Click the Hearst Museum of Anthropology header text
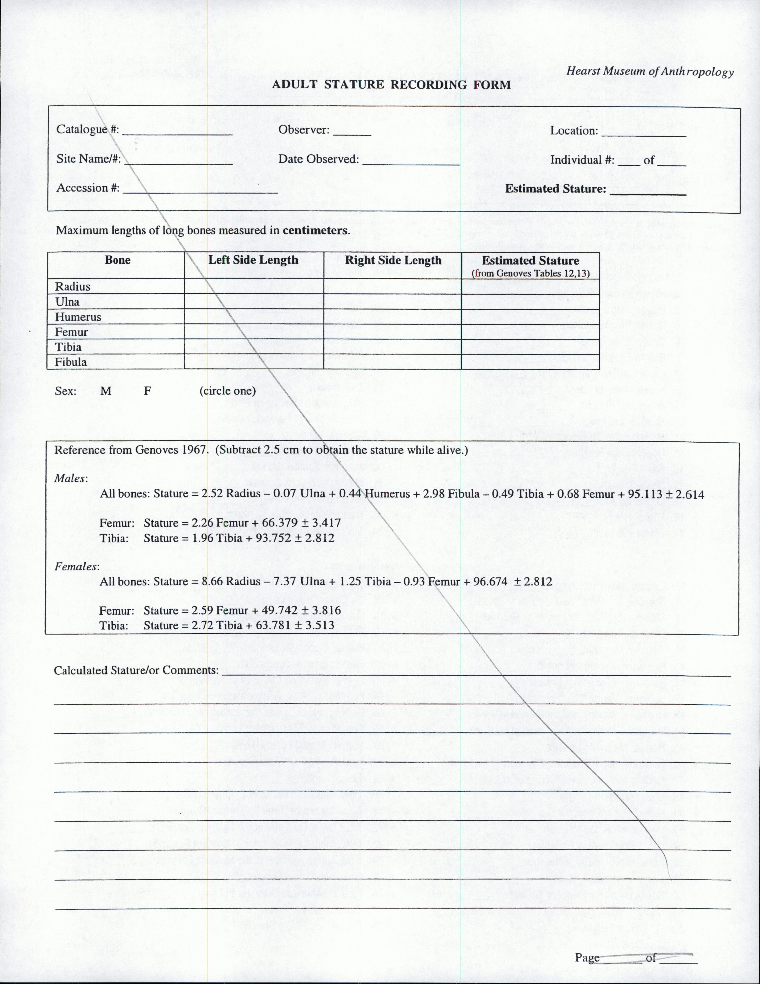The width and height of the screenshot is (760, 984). pyautogui.click(x=650, y=71)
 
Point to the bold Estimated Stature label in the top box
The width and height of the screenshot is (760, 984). pyautogui.click(x=555, y=189)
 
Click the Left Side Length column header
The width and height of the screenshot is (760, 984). pyautogui.click(x=253, y=260)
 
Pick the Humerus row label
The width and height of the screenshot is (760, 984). pyautogui.click(x=78, y=317)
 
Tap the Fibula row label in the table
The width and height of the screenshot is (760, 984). pyautogui.click(x=71, y=362)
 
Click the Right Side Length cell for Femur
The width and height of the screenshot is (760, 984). pyautogui.click(x=393, y=332)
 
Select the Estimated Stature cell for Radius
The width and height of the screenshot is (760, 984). pyautogui.click(x=530, y=287)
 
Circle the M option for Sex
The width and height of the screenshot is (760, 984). pyautogui.click(x=106, y=391)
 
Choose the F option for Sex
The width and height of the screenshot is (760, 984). pyautogui.click(x=147, y=391)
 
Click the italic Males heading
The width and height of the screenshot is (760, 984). pyautogui.click(x=71, y=478)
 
